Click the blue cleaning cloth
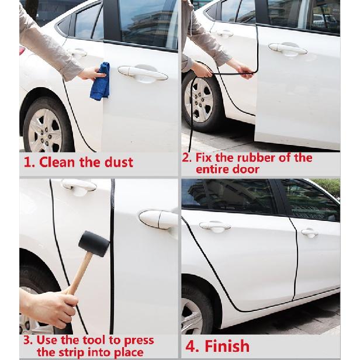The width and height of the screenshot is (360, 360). pyautogui.click(x=100, y=81)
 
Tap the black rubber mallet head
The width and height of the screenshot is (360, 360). pyautogui.click(x=94, y=244)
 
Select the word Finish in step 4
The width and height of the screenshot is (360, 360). pyautogui.click(x=227, y=346)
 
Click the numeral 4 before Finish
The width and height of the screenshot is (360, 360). pyautogui.click(x=191, y=347)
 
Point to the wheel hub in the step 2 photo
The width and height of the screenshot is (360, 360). pyautogui.click(x=199, y=101)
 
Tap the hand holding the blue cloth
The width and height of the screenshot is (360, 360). pyautogui.click(x=92, y=74)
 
